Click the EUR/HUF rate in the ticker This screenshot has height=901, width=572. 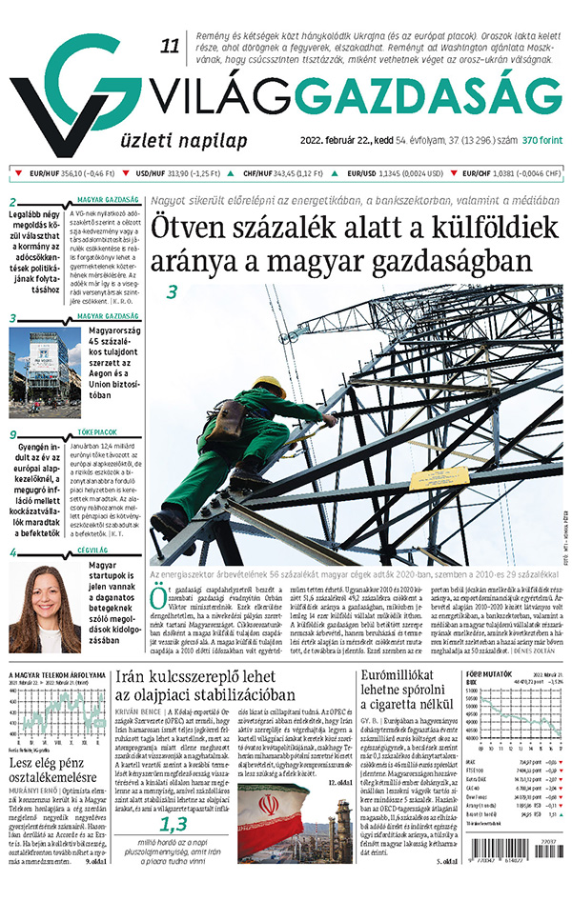(x=56, y=173)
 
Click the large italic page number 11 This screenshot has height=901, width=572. (x=171, y=46)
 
